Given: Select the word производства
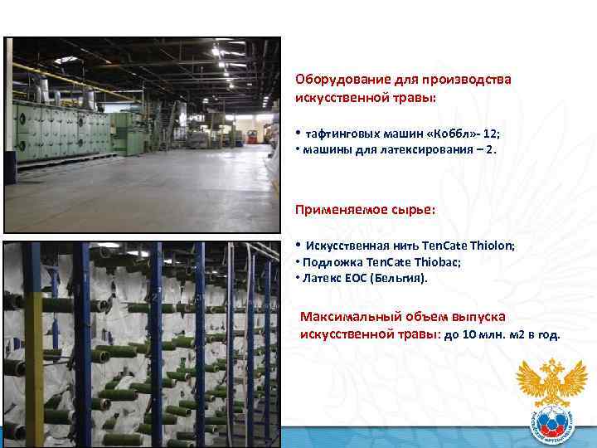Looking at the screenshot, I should click(468, 80).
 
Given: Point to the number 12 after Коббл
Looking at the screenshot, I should click(488, 133).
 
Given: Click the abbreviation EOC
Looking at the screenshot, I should click(357, 278).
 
